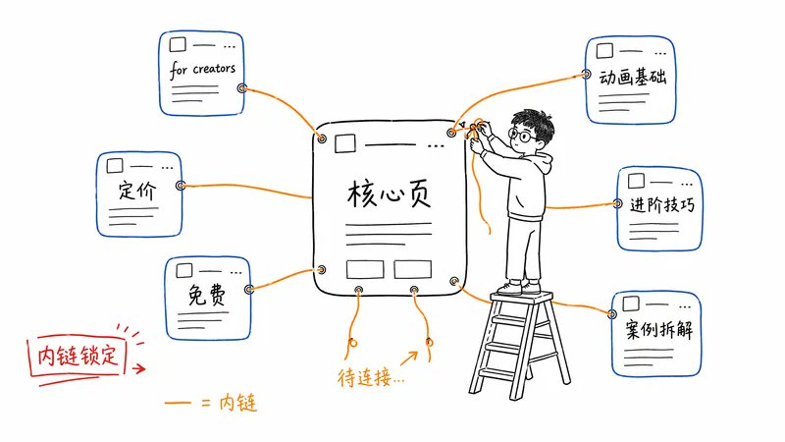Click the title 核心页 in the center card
(389, 193)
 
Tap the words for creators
(202, 70)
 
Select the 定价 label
(137, 191)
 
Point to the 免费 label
(207, 295)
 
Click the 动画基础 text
(633, 78)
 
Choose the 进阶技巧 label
(662, 205)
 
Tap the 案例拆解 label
(659, 330)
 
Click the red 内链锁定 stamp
(77, 356)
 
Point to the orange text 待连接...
(371, 377)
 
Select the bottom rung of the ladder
(505, 373)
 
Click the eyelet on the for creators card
(241, 88)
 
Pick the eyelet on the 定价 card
(181, 186)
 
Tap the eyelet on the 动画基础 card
(586, 75)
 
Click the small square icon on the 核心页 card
(345, 143)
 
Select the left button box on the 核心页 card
(365, 269)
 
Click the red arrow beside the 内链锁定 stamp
(138, 369)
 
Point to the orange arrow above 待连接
(409, 359)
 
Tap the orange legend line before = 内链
(178, 402)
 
